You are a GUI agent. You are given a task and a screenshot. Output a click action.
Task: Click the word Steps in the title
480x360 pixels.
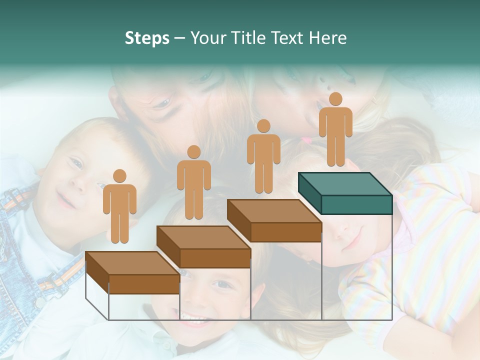click(147, 38)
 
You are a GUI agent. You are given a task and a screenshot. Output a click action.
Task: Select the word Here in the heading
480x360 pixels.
click(328, 38)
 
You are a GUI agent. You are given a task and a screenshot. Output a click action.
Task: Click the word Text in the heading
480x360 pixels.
click(286, 38)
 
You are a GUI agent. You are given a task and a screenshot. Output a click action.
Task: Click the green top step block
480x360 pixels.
click(345, 193)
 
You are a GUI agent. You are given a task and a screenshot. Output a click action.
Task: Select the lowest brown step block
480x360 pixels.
click(132, 272)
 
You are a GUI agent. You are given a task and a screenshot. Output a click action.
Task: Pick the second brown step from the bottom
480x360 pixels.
click(203, 246)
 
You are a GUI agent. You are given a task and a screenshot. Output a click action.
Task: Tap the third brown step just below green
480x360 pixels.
click(274, 220)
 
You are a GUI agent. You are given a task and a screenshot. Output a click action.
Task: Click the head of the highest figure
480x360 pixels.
click(335, 99)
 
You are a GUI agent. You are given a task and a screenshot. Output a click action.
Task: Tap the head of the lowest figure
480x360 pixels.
click(119, 176)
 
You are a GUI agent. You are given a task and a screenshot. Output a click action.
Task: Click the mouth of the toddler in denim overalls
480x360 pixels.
click(65, 201)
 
